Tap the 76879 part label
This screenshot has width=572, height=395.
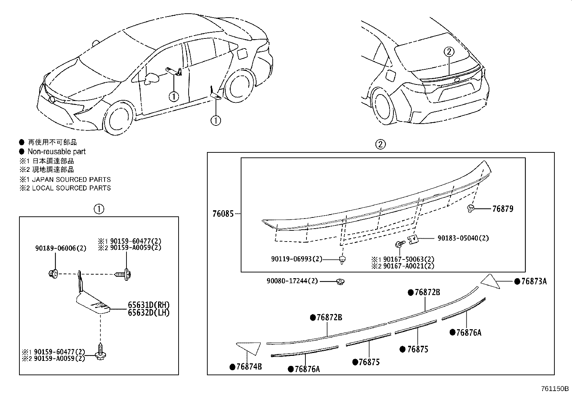[x=502, y=209]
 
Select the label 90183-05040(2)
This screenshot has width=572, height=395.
[x=463, y=238]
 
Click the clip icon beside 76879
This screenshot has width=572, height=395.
[x=471, y=208]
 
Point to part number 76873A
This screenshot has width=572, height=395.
[x=534, y=281]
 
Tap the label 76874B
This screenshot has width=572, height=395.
[x=249, y=367]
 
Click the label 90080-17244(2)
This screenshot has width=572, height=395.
[x=292, y=281]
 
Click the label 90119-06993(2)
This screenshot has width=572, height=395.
[x=296, y=259]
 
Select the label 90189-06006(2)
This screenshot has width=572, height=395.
[x=61, y=248]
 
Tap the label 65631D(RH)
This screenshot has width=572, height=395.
[x=148, y=305]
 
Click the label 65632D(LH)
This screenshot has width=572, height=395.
[x=148, y=312]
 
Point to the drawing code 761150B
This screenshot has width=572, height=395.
[x=555, y=389]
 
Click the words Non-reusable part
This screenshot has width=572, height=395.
[x=56, y=152]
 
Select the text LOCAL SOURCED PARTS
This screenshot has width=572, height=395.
[x=71, y=188]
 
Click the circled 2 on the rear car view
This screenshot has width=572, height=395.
[x=449, y=52]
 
